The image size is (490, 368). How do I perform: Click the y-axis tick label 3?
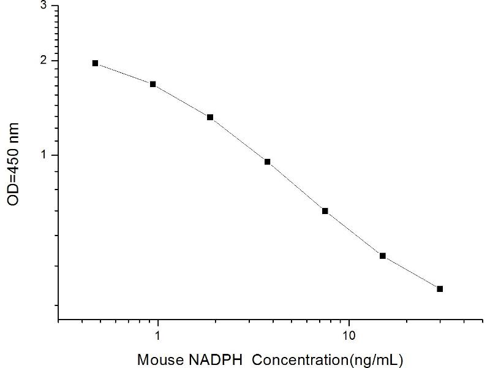click(42, 5)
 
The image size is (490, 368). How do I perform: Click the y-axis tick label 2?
click(42, 60)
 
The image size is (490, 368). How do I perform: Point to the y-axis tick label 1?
click(42, 155)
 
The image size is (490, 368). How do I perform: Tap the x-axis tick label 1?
click(159, 336)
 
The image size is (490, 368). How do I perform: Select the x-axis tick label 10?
click(349, 336)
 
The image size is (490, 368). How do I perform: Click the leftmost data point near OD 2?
click(96, 63)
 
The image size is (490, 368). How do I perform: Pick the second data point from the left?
click(153, 84)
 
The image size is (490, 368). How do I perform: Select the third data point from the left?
click(210, 117)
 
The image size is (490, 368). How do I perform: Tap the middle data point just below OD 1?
click(268, 162)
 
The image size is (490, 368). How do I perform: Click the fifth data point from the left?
click(325, 211)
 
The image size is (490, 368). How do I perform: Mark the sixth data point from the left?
click(383, 256)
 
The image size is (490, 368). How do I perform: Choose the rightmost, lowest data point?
click(440, 288)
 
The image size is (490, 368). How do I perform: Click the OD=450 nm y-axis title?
click(13, 164)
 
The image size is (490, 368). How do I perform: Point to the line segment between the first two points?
click(124, 74)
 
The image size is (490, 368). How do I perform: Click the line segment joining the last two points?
click(411, 272)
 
